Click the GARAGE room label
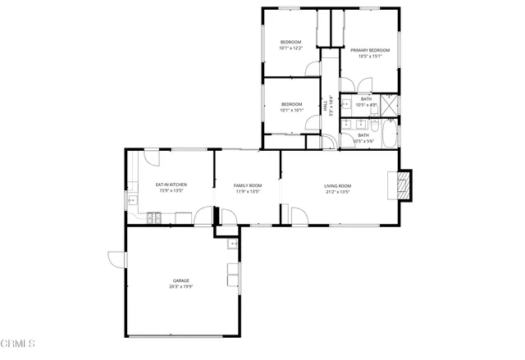[x=180, y=280]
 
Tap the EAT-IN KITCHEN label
[x=171, y=185]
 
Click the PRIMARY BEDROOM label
[x=370, y=50]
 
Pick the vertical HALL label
[x=325, y=107]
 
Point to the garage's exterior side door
[x=116, y=258]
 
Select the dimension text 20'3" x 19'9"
[x=180, y=287]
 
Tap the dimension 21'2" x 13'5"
[x=337, y=192]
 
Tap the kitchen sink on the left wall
[x=130, y=200]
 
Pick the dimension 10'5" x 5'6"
[x=363, y=141]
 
